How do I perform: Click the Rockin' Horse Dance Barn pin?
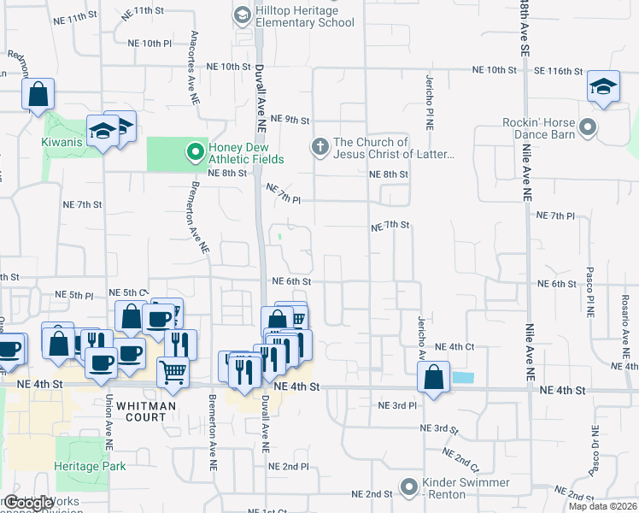tap(587, 128)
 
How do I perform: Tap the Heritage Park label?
tap(90, 466)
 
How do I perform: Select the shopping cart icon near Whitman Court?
tap(173, 372)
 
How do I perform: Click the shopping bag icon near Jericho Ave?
tap(434, 377)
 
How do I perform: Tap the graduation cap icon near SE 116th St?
tap(603, 87)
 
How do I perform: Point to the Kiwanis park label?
tap(62, 142)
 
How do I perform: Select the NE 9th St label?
tap(289, 119)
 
